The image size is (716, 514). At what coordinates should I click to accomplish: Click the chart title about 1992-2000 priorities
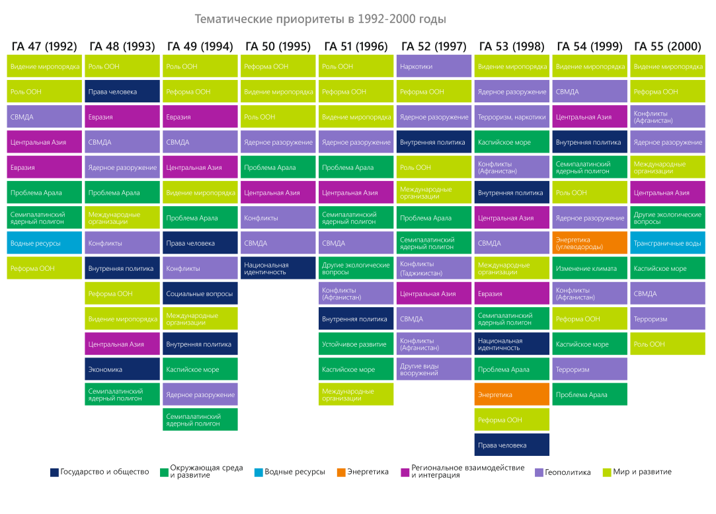321,19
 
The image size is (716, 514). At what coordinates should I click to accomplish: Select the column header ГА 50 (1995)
278,46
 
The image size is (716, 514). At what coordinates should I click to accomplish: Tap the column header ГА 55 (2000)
667,46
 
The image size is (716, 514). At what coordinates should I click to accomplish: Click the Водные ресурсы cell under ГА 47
45,243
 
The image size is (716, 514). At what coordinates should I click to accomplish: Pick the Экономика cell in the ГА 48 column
123,369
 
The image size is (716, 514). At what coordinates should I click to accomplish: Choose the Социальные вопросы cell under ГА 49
200,293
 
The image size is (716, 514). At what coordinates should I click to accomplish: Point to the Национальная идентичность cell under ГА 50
278,268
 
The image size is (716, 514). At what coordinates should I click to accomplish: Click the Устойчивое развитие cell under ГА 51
356,344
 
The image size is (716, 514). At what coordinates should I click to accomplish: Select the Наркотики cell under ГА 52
434,67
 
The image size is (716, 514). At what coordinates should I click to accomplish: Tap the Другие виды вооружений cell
434,369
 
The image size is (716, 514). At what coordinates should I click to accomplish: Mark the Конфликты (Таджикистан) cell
434,268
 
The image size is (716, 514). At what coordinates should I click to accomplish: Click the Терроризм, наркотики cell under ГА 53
512,117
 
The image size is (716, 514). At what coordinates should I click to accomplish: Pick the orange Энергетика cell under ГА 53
512,394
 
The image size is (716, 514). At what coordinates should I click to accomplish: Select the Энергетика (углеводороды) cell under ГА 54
590,243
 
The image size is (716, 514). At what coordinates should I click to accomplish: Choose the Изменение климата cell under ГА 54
590,268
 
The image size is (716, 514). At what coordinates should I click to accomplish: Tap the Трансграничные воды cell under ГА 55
667,243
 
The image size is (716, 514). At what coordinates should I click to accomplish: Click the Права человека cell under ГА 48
123,92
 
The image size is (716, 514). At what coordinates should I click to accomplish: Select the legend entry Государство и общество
100,472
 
